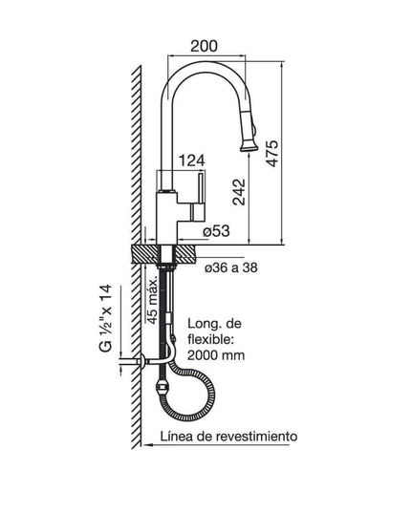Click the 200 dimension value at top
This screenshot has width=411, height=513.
tap(203, 46)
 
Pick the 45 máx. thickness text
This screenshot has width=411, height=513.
tap(152, 298)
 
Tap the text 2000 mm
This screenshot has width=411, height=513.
tap(216, 354)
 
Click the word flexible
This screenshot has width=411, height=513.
tap(211, 338)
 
